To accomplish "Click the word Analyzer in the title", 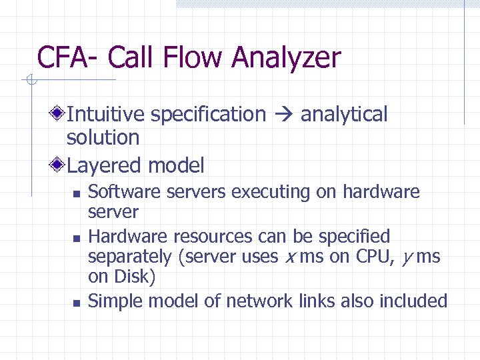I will click(x=286, y=58).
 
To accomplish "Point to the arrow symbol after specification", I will click(x=283, y=115).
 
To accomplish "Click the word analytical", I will click(x=344, y=115).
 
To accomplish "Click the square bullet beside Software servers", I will click(x=76, y=194).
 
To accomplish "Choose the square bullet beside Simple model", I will click(x=76, y=303).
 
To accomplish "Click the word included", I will click(x=413, y=301).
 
